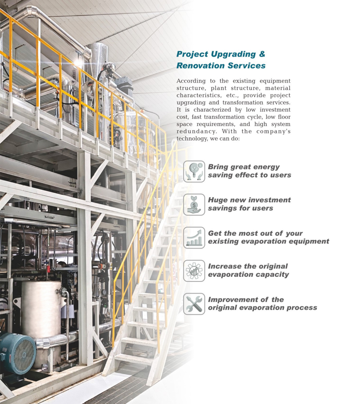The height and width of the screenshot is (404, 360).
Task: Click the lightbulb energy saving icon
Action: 194,171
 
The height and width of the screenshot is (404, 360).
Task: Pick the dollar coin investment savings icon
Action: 194,204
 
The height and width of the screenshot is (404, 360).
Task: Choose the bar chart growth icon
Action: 194,237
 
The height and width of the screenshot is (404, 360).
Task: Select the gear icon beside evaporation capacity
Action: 194,271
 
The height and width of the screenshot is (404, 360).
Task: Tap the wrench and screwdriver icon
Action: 194,304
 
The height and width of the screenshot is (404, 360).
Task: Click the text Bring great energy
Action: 243,167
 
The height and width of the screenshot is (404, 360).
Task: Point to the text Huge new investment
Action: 249,200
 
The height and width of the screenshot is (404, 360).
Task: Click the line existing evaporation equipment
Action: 268,242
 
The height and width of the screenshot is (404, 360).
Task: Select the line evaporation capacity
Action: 248,275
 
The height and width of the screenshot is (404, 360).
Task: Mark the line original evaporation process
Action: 262,308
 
